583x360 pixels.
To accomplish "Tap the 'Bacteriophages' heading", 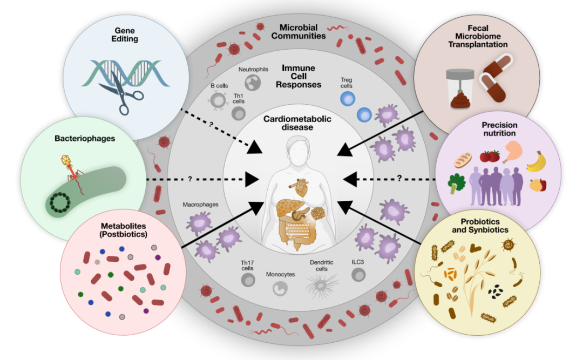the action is (85, 139).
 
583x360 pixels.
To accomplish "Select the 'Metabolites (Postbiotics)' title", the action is (123, 230).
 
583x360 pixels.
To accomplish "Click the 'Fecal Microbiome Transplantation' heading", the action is (478, 36).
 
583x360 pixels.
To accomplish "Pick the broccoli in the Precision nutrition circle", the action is (456, 184).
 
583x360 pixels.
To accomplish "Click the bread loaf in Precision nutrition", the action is (463, 160).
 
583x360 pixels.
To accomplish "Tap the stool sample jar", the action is (460, 89).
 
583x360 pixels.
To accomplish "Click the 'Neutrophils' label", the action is (253, 70).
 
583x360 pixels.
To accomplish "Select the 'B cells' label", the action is (219, 85).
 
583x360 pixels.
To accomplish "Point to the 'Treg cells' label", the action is (346, 83).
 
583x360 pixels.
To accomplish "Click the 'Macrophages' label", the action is (200, 205).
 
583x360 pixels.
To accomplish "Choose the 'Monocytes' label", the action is (280, 275).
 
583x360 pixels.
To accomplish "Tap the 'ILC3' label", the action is (358, 262).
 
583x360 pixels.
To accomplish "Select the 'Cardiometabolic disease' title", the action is (297, 123).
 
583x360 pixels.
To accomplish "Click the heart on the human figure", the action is (301, 188).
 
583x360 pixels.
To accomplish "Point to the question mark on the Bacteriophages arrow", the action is (190, 179).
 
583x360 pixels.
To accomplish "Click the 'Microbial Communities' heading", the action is (298, 32).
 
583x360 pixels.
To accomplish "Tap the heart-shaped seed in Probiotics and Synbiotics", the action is (476, 248).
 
